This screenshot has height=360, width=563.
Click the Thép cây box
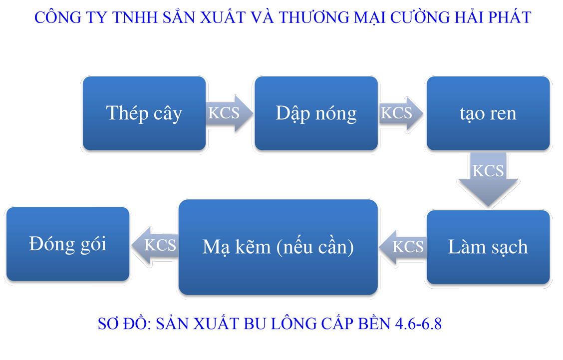point(144,113)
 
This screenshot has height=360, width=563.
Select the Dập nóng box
point(316,113)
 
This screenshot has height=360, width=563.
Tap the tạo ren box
point(488,113)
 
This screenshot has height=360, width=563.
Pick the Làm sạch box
point(488,247)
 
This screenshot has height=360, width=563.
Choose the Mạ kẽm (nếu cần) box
point(278,247)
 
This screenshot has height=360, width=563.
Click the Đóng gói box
point(67,244)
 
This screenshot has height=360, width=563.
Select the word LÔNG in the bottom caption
point(294,324)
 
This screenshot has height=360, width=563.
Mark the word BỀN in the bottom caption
point(375,324)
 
